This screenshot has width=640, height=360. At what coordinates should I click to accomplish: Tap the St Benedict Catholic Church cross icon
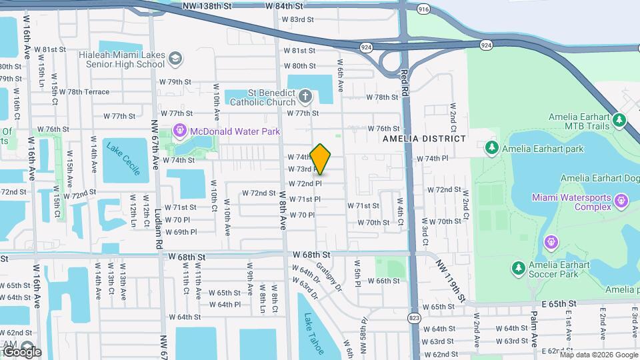pos(305,97)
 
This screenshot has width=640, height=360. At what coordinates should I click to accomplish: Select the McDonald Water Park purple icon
pos(179,131)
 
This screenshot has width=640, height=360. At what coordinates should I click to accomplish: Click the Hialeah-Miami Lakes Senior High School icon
pos(175,59)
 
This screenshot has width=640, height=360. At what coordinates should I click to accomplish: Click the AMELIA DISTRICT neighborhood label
pos(424,139)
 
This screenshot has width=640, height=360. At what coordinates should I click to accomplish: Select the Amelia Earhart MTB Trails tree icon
pos(620,121)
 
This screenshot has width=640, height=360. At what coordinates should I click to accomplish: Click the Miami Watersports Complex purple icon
pos(621,199)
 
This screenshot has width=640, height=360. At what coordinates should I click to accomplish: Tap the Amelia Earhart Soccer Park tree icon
pos(518,268)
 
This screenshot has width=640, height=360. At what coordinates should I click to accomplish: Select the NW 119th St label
pos(451,279)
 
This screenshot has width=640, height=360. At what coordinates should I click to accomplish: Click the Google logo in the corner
pos(21,351)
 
